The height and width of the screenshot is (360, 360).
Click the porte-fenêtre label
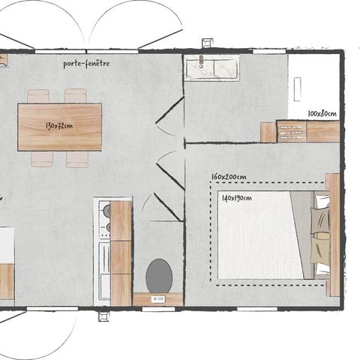87,64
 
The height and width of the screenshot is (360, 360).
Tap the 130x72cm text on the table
59,125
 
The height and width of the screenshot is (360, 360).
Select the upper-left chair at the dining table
38,96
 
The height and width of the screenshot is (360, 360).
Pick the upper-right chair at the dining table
75,96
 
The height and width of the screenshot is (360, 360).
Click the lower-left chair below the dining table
42,159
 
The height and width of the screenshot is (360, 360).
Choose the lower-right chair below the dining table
77,159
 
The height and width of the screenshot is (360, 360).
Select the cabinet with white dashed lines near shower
292,132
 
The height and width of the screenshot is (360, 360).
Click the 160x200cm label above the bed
229,177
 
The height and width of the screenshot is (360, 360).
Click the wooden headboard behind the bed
334,235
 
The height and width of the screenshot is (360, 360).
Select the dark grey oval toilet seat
158,275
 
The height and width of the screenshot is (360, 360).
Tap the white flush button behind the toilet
158,298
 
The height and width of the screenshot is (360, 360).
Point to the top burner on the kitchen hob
106,209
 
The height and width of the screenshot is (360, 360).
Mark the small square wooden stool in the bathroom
268,132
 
